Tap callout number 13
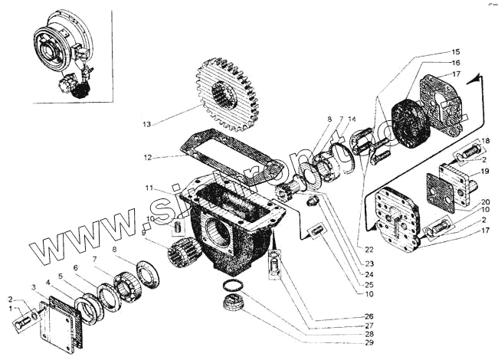click(x=147, y=123)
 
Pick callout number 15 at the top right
click(x=455, y=51)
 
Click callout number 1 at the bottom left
click(x=10, y=309)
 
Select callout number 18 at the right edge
click(x=485, y=141)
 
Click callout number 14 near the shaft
click(x=352, y=119)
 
